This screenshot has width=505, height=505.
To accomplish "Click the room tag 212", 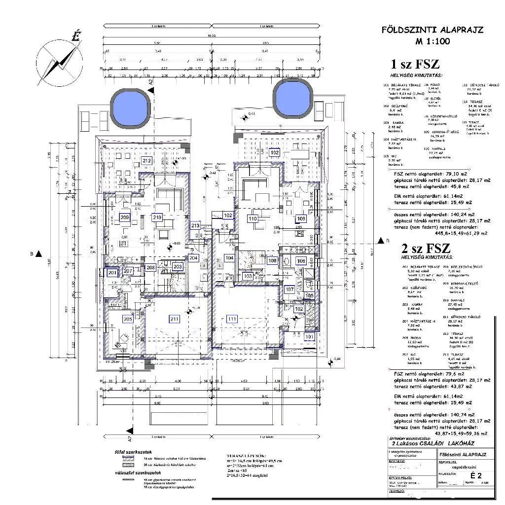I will [146, 161].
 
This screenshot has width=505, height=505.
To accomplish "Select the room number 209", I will [124, 217].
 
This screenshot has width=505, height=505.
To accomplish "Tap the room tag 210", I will [157, 217].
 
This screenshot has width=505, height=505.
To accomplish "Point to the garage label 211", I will [174, 319].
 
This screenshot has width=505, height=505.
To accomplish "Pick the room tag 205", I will [128, 319].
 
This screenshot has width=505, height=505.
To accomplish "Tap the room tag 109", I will [301, 218].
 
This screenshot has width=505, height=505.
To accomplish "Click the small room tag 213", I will [195, 226].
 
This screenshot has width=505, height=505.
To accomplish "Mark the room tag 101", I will [309, 337].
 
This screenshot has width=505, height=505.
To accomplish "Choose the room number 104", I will [229, 258].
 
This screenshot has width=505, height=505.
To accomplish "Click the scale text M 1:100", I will [433, 41].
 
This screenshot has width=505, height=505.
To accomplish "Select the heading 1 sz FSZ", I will [415, 64].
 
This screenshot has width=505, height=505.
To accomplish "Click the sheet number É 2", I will [475, 475].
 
